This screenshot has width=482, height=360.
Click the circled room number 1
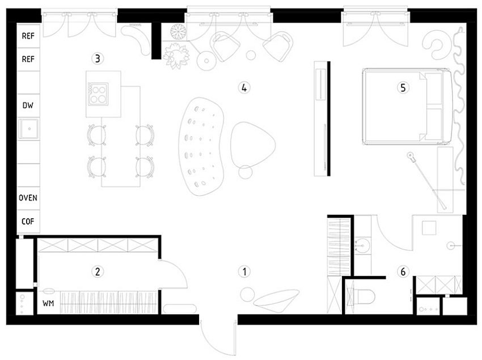244,272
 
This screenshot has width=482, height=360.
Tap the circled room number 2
98,272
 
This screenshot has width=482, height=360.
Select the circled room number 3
98,58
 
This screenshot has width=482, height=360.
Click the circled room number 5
403,87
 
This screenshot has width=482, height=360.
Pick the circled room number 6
403,272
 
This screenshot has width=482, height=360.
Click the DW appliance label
28,105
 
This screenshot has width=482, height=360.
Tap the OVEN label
28,198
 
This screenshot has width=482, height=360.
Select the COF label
28,222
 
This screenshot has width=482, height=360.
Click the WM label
48,303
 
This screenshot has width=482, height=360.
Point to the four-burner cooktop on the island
98,94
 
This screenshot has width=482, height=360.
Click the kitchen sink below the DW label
28,129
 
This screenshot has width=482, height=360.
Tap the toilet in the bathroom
362,296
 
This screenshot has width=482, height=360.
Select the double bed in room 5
405,106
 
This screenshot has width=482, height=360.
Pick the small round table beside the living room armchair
246,172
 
